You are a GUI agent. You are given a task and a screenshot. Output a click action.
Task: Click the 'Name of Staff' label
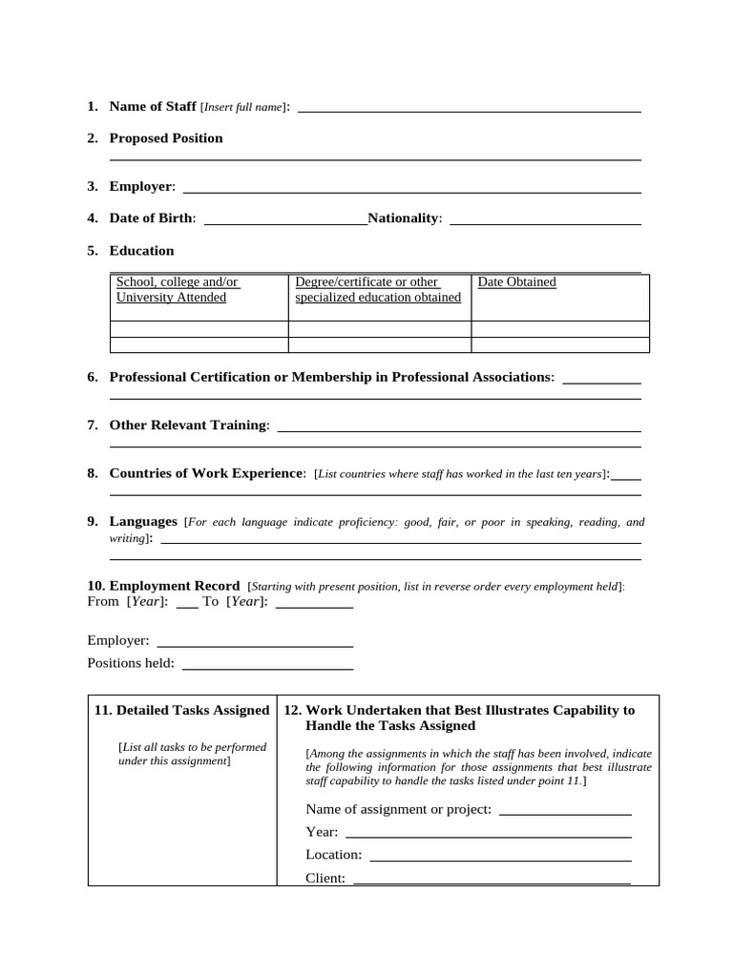click(x=153, y=107)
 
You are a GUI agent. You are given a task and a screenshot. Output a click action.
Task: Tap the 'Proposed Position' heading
click(x=166, y=138)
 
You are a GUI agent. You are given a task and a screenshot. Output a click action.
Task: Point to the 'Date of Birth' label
click(x=152, y=218)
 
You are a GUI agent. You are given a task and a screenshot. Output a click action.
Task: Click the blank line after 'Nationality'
click(x=545, y=222)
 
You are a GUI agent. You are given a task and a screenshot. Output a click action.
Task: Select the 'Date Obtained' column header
click(x=516, y=282)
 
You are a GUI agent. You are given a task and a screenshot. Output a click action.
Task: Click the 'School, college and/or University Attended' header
click(x=177, y=290)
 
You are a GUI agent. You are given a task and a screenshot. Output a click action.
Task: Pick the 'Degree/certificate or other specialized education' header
click(x=378, y=290)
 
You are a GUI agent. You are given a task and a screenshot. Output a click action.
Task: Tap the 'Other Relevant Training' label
click(x=189, y=426)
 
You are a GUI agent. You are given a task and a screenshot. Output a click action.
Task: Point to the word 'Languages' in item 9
click(x=143, y=522)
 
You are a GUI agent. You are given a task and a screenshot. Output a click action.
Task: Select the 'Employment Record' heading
click(x=175, y=586)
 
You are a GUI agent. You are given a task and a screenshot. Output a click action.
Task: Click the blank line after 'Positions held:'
click(x=267, y=667)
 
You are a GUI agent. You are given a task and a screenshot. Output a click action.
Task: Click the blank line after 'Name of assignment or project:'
click(x=565, y=813)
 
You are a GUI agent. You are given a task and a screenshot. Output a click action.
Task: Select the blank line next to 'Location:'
click(x=500, y=859)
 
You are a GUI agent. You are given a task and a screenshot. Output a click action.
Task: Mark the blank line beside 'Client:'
click(x=492, y=882)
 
